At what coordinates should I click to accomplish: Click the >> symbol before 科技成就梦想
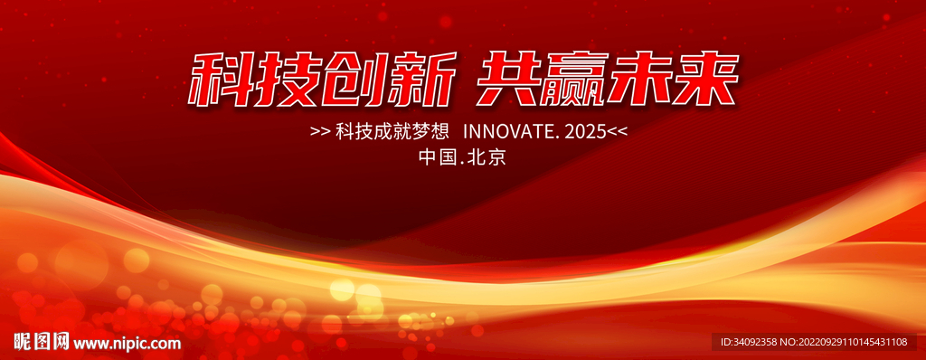pos(320,132)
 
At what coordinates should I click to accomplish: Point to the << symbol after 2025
pos(617,132)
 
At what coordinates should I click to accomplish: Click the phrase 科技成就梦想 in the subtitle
pos(389,132)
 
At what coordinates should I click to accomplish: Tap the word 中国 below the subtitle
pos(437,157)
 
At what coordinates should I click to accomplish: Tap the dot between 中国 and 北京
pos(462,163)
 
